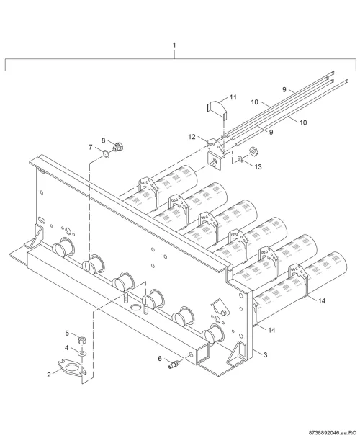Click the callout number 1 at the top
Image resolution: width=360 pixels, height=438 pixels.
(174, 45)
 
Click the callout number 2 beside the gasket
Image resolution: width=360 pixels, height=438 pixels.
(49, 375)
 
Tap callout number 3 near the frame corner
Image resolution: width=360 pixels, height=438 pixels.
(266, 354)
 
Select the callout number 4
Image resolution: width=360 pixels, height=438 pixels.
(66, 348)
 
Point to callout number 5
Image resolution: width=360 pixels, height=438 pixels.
(67, 333)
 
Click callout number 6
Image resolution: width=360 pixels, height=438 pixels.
(160, 358)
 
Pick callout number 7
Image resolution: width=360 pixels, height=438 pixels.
(91, 147)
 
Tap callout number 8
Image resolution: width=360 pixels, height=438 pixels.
(104, 140)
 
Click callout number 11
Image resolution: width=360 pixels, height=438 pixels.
(233, 97)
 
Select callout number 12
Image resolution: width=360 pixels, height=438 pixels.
(192, 137)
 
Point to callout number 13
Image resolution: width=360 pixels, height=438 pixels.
(258, 166)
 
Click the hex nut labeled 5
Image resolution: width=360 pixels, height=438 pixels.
(82, 340)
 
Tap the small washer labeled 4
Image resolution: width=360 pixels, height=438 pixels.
(82, 354)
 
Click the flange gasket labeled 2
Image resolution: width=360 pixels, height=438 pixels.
(72, 367)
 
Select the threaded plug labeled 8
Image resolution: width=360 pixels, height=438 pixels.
(119, 147)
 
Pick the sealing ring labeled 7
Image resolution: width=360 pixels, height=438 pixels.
(106, 153)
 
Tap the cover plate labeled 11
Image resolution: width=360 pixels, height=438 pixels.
(217, 109)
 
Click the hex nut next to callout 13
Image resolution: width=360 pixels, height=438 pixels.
(253, 151)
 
